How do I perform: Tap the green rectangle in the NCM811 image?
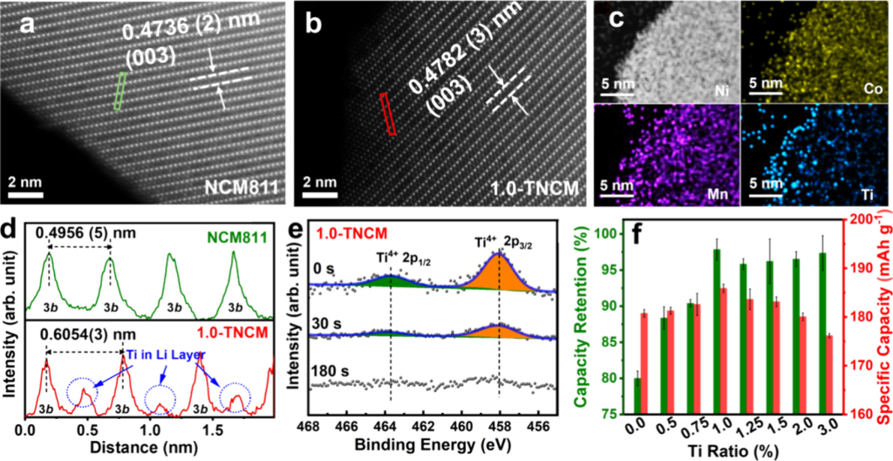pos(121,91)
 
